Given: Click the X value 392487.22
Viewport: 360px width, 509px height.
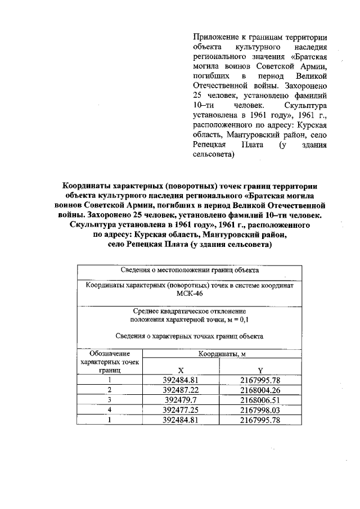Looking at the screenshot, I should coord(181,390).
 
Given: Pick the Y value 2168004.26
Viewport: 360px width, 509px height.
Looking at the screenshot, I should coord(260,390).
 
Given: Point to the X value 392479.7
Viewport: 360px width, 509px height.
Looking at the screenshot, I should coord(181,400).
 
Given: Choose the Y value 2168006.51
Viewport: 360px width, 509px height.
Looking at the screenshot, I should coord(260,400).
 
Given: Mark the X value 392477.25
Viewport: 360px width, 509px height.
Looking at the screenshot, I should coord(181,410).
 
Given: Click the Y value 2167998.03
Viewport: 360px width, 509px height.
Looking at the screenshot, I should coord(260,410).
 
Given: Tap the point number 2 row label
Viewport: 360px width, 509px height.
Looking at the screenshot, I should coord(110,390).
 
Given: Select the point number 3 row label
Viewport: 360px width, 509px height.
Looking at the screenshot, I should coord(110,400).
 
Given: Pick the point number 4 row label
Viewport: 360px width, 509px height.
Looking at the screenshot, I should coord(110,410).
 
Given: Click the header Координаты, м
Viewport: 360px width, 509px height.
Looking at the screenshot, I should coord(221,354).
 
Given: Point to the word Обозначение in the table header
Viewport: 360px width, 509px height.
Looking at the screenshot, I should coord(110,354).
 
